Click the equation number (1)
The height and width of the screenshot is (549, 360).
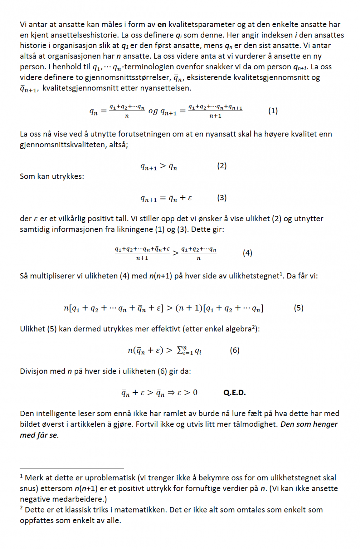[x=273, y=111]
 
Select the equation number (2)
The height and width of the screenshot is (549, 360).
[x=222, y=165]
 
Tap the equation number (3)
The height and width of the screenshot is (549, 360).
[x=222, y=198]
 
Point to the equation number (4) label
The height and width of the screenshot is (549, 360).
[x=247, y=253]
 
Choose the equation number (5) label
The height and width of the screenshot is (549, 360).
[x=299, y=308]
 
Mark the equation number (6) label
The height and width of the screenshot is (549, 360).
[x=235, y=350]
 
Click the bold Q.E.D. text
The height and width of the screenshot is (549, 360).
[x=235, y=392]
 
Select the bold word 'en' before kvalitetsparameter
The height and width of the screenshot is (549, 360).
[x=162, y=24]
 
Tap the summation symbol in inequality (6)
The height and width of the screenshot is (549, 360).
[x=180, y=350]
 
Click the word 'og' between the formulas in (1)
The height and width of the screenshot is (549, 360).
[x=153, y=111]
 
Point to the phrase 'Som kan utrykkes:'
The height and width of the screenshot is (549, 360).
[x=52, y=176]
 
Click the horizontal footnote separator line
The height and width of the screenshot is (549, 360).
[x=72, y=468]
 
